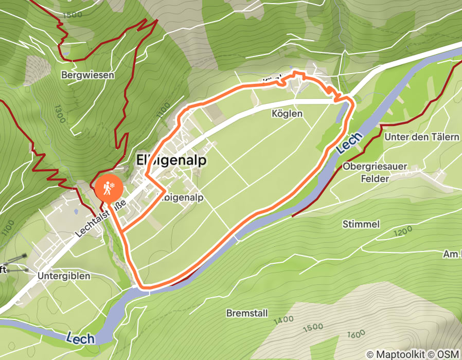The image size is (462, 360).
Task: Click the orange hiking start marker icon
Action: [109, 189]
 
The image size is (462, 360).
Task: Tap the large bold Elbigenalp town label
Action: [171, 160]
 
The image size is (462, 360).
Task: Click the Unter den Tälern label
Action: [422, 137]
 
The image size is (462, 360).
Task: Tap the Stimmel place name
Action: [361, 224]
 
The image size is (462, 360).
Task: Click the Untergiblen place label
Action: [64, 276]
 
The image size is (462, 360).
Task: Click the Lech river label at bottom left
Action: [80, 338]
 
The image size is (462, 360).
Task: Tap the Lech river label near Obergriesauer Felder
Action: [350, 143]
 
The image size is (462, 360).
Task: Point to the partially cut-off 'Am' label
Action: [451, 254]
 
